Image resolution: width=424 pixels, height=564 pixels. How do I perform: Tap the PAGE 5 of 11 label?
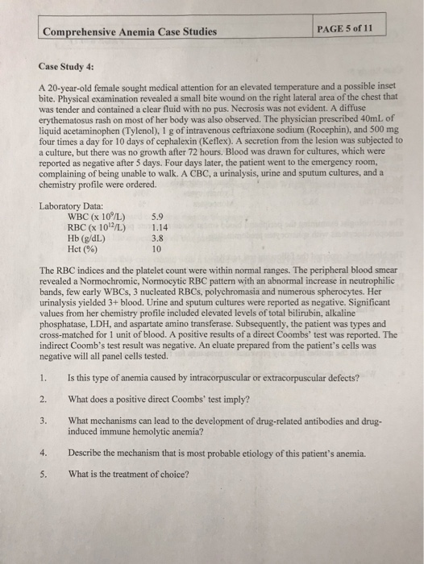[346, 30]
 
